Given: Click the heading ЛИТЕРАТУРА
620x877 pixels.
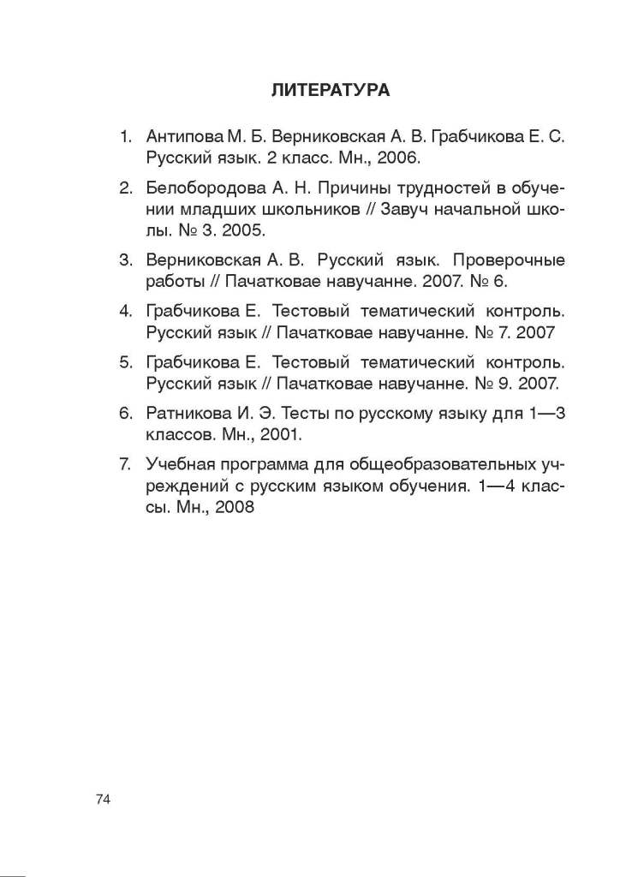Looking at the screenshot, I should (330, 89).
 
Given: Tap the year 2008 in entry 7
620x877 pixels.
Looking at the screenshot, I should (235, 508).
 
